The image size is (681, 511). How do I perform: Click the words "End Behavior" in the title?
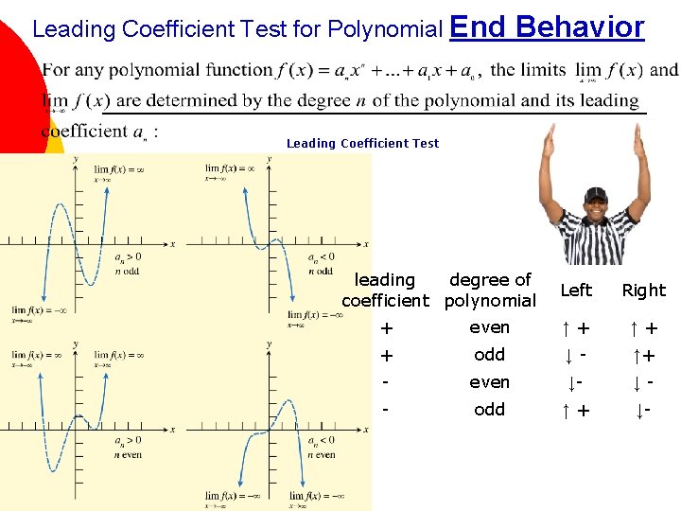click(x=548, y=26)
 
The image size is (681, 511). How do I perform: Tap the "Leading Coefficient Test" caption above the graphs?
click(x=362, y=143)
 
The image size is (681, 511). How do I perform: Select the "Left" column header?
click(x=576, y=291)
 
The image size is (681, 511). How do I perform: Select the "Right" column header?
click(x=643, y=291)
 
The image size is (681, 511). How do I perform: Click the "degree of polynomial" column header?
click(x=490, y=291)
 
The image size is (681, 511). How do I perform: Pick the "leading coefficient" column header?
click(x=385, y=291)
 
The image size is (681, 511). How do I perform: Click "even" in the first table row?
click(x=489, y=327)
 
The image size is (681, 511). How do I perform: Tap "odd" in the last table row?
click(x=489, y=410)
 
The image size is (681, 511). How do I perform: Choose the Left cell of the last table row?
click(x=575, y=410)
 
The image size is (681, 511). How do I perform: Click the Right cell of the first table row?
click(x=643, y=328)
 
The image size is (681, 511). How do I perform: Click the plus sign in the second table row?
click(x=385, y=356)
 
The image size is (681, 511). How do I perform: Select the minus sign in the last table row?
click(x=385, y=410)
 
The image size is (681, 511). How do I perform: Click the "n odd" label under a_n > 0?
click(x=127, y=271)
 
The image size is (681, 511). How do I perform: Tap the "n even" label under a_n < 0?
click(x=321, y=455)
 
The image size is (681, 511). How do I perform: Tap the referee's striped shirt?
click(x=594, y=240)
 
